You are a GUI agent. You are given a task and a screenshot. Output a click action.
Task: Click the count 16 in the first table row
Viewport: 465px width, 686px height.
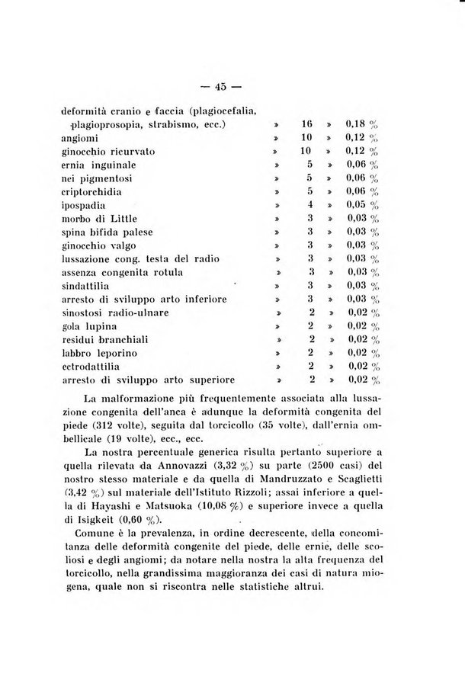pyautogui.click(x=308, y=123)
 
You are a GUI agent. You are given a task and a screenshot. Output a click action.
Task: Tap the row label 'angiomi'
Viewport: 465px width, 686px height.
pyautogui.click(x=80, y=138)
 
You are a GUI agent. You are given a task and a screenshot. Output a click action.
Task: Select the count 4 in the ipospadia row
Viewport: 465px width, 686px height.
pyautogui.click(x=310, y=205)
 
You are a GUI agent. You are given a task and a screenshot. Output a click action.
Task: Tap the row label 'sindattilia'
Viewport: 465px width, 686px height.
pyautogui.click(x=88, y=284)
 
